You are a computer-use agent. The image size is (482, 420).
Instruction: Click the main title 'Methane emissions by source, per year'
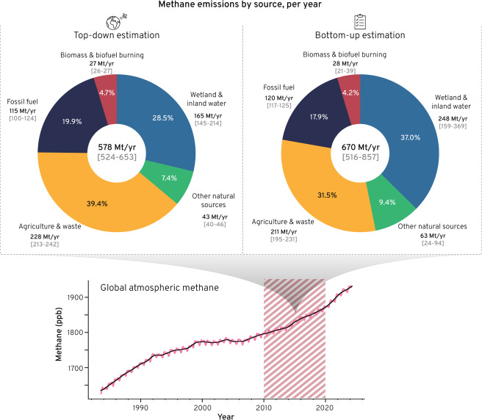[241, 6]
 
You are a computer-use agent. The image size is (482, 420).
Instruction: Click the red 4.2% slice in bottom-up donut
[351, 93]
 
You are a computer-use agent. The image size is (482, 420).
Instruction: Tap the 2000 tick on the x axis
[202, 404]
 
